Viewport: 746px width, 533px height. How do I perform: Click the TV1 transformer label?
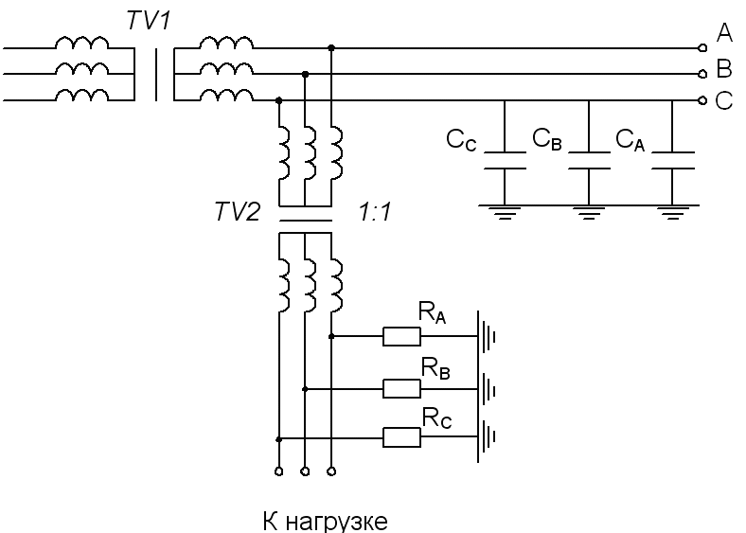149,21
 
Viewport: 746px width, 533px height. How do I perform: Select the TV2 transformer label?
238,211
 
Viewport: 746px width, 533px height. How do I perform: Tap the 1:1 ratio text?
375,212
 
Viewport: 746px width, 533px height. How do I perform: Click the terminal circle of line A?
702,48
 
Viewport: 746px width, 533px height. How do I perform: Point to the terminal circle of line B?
702,74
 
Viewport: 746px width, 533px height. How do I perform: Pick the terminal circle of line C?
702,100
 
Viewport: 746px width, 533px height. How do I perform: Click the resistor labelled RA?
401,336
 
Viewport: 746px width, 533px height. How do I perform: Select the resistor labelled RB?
401,389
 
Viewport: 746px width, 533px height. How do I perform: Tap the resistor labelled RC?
401,437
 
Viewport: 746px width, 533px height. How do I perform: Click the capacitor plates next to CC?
505,160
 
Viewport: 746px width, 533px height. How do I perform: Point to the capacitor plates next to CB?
589,160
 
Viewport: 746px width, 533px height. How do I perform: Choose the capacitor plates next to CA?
673,160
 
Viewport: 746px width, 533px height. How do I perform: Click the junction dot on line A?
331,48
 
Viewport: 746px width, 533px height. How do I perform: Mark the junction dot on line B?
306,74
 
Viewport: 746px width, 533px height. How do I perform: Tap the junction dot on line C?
278,100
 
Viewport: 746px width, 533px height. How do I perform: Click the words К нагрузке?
325,521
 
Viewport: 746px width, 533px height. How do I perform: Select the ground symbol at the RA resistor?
487,337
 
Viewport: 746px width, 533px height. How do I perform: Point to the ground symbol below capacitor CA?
673,213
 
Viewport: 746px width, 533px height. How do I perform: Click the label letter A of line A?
724,32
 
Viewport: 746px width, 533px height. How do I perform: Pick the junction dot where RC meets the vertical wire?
278,439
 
